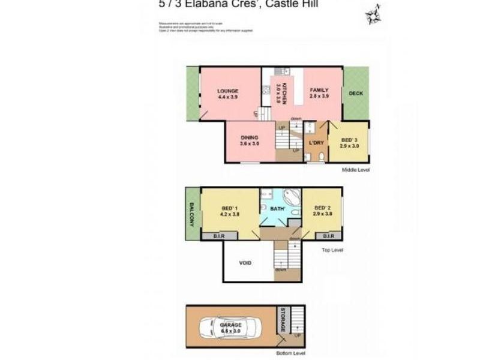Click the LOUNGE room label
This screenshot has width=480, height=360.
229,91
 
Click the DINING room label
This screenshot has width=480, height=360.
249,137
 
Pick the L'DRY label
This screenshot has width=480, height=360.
316,142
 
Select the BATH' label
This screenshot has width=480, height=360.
277,209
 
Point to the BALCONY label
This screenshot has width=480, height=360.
193,212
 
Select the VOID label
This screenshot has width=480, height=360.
245,263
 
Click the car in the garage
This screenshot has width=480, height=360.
230,327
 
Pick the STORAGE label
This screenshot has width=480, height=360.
283,321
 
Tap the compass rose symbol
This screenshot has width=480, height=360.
374,14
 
